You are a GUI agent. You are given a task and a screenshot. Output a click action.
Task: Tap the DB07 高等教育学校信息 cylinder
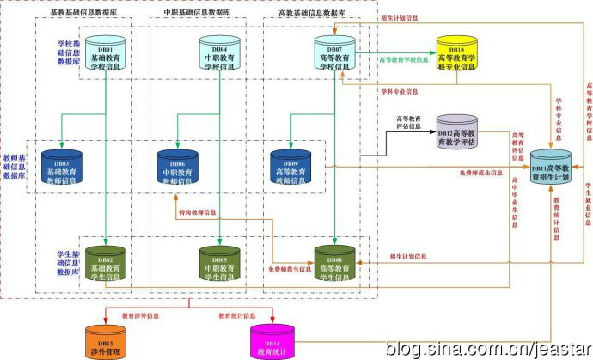tap(333, 53)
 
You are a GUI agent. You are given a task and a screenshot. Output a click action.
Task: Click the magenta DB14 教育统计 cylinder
tap(270, 338)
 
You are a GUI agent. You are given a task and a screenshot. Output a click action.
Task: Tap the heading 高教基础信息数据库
tap(312, 15)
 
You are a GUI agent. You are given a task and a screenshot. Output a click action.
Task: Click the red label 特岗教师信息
tap(197, 211)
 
